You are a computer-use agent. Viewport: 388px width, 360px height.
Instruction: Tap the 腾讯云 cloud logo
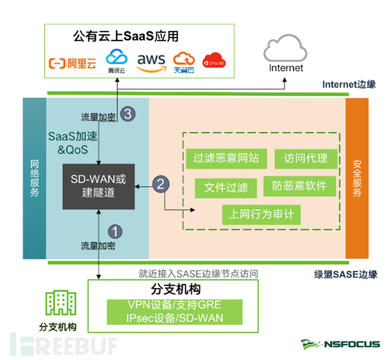(117, 60)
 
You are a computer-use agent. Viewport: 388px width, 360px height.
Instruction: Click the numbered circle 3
(128, 114)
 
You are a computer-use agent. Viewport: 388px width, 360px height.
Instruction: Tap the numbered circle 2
(161, 183)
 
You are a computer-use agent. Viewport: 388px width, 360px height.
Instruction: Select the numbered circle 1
(114, 231)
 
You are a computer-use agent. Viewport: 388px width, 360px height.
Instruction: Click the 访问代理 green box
(305, 158)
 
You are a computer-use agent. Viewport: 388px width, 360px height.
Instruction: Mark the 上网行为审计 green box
(261, 214)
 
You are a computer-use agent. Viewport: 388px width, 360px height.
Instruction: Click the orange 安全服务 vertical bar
(356, 178)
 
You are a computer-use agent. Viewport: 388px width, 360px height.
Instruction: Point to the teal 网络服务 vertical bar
(34, 178)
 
